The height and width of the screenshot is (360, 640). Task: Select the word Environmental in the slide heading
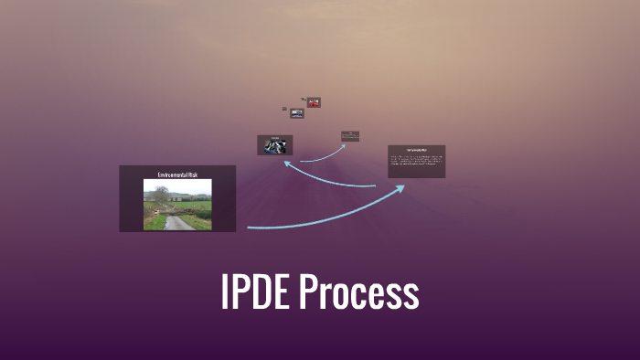click(x=169, y=174)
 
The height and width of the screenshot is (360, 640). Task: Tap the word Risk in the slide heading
click(x=192, y=174)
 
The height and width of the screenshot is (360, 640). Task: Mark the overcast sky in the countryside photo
click(x=187, y=185)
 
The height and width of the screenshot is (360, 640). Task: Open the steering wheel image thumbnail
click(x=274, y=145)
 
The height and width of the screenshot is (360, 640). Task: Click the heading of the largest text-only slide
click(x=416, y=149)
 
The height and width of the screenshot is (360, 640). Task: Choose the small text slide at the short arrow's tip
click(x=350, y=136)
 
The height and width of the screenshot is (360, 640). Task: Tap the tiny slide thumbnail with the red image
click(x=314, y=102)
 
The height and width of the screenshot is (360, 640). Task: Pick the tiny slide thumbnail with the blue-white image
click(x=297, y=113)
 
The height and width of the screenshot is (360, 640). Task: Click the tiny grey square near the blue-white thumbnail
click(x=284, y=109)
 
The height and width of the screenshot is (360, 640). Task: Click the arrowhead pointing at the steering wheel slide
click(x=287, y=164)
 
